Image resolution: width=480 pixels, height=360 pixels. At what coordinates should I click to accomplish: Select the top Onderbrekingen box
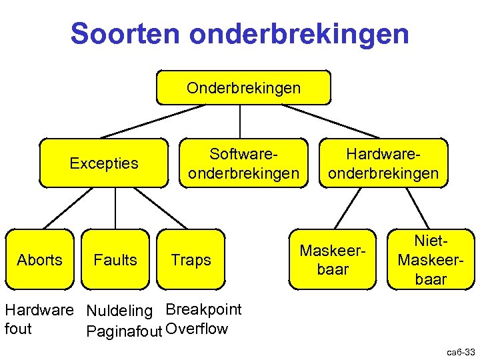point(243,88)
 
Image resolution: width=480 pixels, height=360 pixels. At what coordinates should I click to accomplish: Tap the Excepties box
point(104,163)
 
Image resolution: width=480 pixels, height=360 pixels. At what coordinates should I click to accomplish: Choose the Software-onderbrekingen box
point(243,163)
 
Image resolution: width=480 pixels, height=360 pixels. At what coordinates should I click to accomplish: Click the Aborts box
point(39,260)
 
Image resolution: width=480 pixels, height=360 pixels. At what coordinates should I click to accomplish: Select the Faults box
point(115,260)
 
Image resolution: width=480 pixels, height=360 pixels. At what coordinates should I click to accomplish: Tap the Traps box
point(191,260)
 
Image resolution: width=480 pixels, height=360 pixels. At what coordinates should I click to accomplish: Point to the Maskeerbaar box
point(333,260)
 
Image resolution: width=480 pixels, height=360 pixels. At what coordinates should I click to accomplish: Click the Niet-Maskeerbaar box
point(431,260)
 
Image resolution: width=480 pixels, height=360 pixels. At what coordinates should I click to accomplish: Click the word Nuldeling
point(119,311)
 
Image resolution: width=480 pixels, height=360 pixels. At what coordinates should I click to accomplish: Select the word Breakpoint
point(203,309)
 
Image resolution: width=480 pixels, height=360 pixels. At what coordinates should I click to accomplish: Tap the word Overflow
point(197,329)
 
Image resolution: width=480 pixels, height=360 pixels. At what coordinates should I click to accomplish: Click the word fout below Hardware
point(18,329)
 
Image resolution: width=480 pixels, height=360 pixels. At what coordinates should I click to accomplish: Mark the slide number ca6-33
point(461,351)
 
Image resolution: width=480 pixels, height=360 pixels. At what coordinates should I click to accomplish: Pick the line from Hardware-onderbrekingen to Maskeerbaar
point(345,209)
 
